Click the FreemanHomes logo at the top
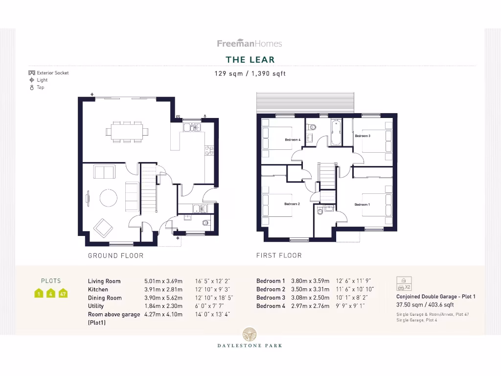(x=250, y=44)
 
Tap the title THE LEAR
(x=250, y=60)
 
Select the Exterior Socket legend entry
(x=52, y=73)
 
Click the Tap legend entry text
(x=41, y=87)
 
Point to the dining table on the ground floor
(x=127, y=131)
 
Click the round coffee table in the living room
(x=108, y=198)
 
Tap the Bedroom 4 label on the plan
(x=292, y=140)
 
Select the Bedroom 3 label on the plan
(x=362, y=136)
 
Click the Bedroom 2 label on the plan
(x=292, y=204)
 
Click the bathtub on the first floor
(x=336, y=133)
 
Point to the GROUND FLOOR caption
(x=115, y=256)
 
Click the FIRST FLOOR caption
(x=279, y=256)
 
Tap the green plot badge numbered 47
(x=63, y=294)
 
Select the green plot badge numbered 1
(x=39, y=294)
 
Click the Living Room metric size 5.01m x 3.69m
(x=163, y=281)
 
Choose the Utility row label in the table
(x=96, y=306)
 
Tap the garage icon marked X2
(x=404, y=283)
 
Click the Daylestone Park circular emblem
(x=250, y=334)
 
